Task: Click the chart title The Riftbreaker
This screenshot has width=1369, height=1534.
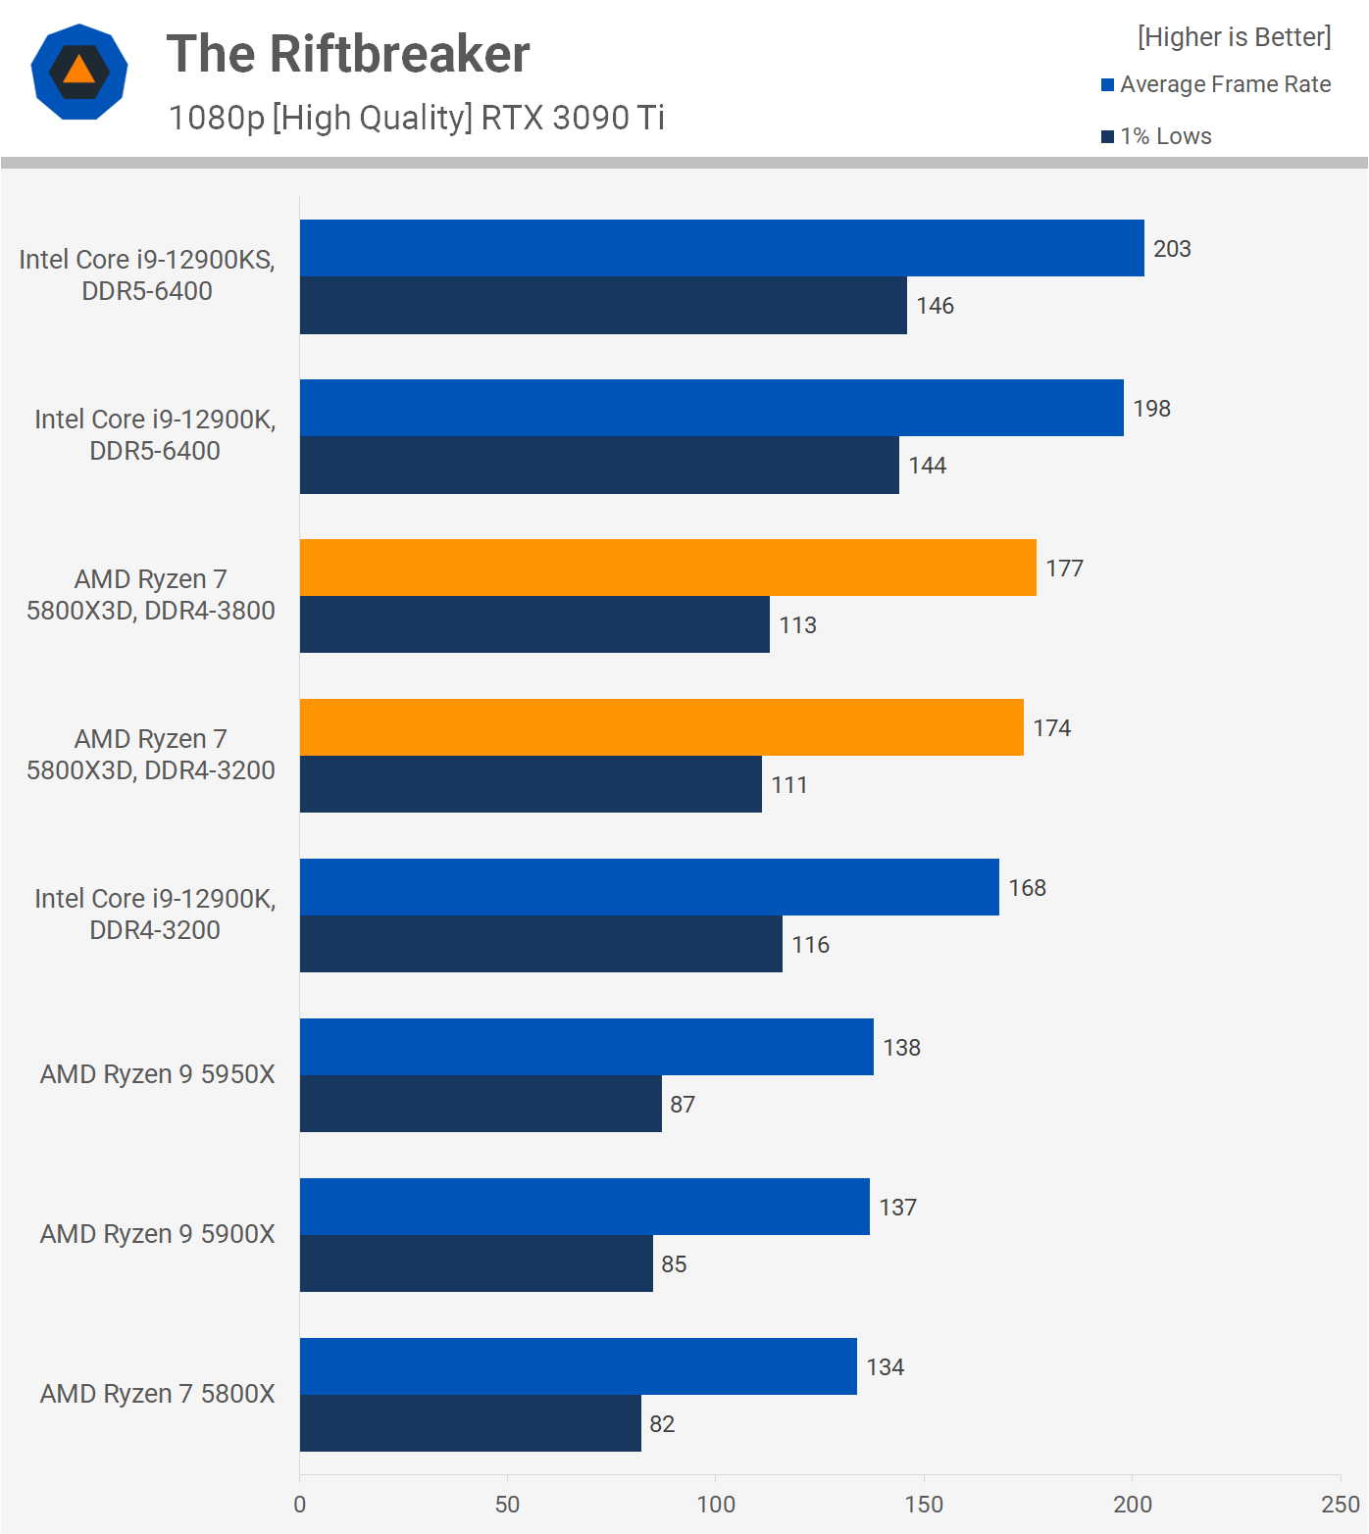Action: coord(348,54)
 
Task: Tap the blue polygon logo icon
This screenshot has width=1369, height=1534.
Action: coord(79,72)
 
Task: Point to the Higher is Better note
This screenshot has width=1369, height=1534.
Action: coord(1234,37)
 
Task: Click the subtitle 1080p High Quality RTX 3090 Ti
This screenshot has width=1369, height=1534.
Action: coord(416,118)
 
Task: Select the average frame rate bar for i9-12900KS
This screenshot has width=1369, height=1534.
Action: coord(722,248)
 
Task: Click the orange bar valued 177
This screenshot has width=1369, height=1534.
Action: coord(668,568)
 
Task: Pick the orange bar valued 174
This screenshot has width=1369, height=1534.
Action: coord(662,727)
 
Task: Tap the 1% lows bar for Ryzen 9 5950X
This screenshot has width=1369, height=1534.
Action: coord(481,1104)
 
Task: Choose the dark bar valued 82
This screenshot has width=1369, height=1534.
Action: coord(471,1423)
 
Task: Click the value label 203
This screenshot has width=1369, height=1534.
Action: coord(1172,249)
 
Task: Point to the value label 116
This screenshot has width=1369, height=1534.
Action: coord(810,945)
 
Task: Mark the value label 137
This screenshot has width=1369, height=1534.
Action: coord(897,1208)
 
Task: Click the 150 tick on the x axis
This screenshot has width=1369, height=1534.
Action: coord(924,1505)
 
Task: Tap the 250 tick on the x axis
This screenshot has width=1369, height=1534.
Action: coord(1340,1505)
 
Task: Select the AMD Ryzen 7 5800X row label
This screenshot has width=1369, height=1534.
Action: coord(157,1394)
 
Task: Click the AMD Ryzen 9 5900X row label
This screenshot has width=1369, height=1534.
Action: coord(157,1234)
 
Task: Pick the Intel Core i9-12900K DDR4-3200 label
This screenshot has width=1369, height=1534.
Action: coord(155,915)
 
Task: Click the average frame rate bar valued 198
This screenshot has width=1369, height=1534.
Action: coord(712,408)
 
